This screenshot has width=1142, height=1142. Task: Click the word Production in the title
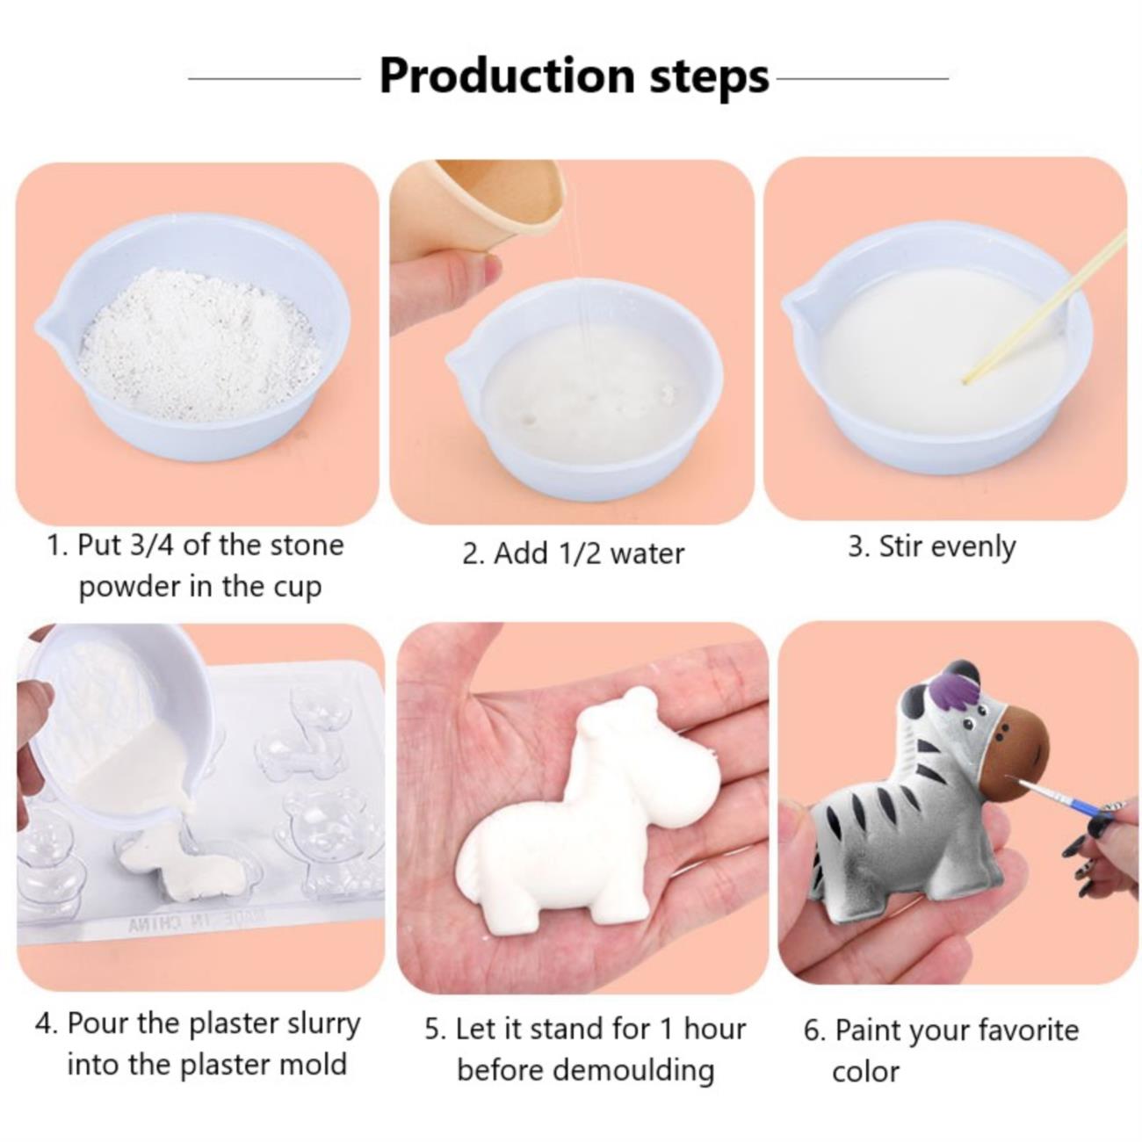tap(507, 76)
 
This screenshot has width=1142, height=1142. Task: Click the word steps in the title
tap(709, 79)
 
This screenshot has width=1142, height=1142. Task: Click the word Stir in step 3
tap(899, 546)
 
